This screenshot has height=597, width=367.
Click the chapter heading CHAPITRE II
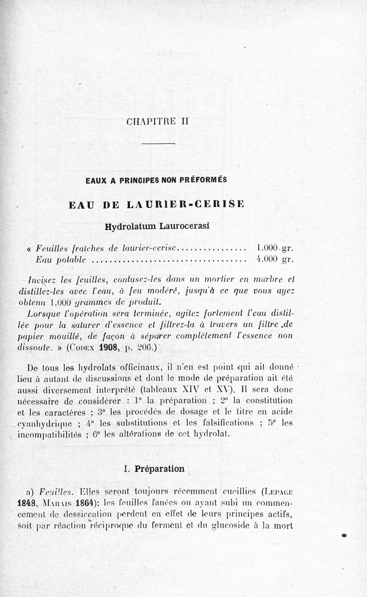tap(157, 122)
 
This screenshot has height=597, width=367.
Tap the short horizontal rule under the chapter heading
tap(159, 145)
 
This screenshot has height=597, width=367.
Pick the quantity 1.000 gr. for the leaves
tap(274, 249)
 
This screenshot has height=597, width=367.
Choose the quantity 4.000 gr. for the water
tap(274, 260)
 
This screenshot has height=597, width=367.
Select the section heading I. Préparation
tap(154, 469)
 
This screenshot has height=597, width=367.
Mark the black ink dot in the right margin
tap(344, 535)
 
